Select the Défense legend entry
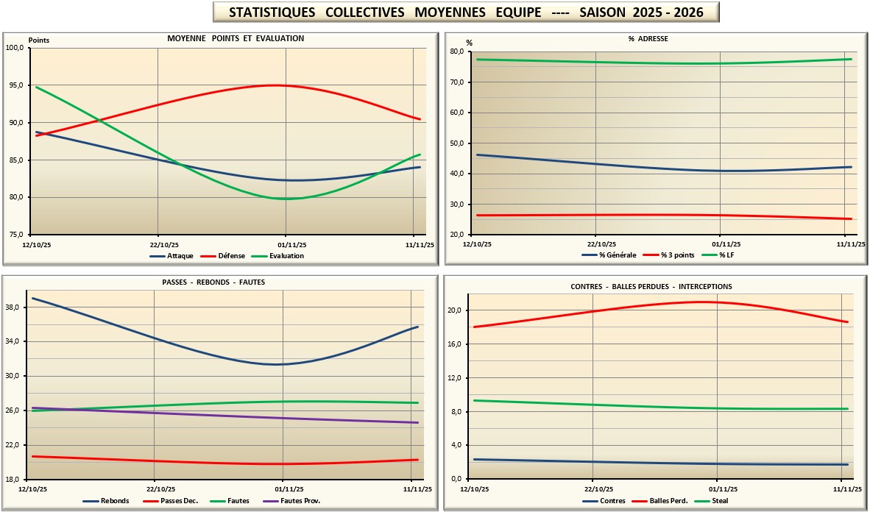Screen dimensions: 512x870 click(x=235, y=256)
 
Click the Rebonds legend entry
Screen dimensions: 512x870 click(x=115, y=501)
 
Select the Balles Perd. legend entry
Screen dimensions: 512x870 click(x=668, y=501)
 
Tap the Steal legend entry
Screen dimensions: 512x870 click(x=720, y=501)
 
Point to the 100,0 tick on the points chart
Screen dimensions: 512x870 click(x=15, y=48)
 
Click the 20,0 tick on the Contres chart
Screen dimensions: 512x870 click(x=456, y=310)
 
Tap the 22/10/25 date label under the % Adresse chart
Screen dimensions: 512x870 click(x=601, y=244)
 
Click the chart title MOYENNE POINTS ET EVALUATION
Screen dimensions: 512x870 click(x=236, y=38)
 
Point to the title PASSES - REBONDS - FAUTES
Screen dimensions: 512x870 click(x=213, y=282)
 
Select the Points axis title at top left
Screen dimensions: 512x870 click(x=39, y=40)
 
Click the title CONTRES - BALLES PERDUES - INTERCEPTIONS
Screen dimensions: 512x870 click(x=651, y=286)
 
